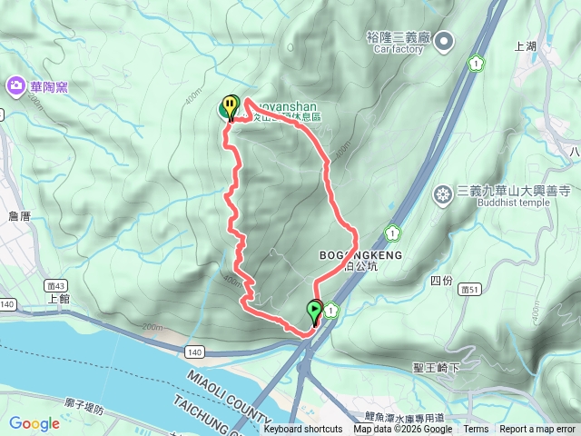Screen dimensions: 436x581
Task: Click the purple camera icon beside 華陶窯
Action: (x=15, y=86)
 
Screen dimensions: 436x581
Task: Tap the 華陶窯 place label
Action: (x=48, y=87)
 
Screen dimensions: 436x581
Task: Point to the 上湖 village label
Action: (x=526, y=45)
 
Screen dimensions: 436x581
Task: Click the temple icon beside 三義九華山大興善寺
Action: (x=443, y=193)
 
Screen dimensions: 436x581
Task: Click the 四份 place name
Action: (x=441, y=280)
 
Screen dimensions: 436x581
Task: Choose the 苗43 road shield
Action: (x=52, y=284)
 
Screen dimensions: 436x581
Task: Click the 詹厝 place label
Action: (x=19, y=216)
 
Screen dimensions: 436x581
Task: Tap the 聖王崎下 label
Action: (x=437, y=367)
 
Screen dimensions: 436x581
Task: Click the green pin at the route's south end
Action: (x=315, y=312)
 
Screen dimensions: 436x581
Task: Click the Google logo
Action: (x=34, y=423)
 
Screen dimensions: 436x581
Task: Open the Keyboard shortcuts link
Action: (x=303, y=430)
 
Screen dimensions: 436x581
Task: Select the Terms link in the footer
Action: (x=476, y=430)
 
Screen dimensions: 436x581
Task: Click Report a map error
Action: (x=537, y=430)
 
